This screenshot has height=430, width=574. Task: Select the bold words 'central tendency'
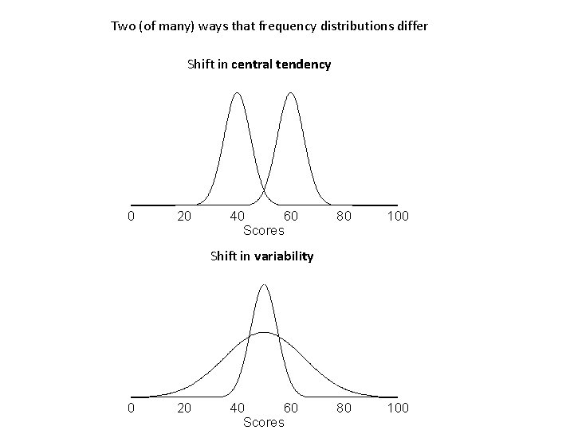(x=281, y=64)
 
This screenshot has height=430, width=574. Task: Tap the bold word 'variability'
(x=283, y=256)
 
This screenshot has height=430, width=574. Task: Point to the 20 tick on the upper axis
(x=183, y=216)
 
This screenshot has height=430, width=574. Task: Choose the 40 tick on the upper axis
(x=237, y=216)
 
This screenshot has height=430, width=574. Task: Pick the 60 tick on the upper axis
(x=291, y=216)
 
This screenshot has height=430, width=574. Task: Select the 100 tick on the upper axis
(x=398, y=216)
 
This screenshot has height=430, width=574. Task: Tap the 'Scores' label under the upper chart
(x=263, y=231)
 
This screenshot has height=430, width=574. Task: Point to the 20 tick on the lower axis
(x=183, y=408)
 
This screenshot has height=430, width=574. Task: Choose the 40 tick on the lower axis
(x=237, y=408)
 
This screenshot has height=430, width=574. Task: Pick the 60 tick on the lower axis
(x=291, y=408)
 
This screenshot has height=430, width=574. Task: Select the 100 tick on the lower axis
(x=398, y=408)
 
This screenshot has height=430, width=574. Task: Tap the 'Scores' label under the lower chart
(x=263, y=422)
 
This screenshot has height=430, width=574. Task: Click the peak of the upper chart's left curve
(x=237, y=93)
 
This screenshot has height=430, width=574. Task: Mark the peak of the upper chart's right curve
(x=291, y=93)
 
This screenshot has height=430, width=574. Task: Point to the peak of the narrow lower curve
(x=264, y=284)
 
